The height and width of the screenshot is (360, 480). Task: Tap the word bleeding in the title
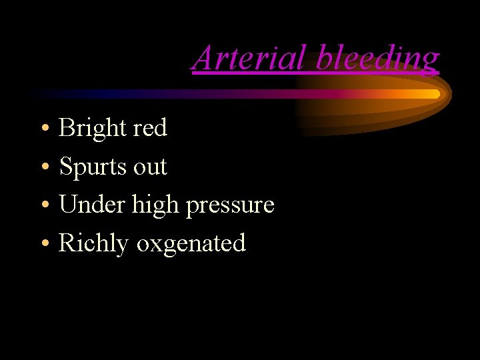click(377, 58)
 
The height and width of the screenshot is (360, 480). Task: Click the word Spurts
click(93, 166)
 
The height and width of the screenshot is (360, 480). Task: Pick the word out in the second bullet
click(150, 166)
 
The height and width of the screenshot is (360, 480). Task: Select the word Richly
click(93, 243)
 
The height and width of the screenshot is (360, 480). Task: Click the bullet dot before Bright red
click(43, 128)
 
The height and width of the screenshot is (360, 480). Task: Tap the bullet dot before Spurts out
click(43, 167)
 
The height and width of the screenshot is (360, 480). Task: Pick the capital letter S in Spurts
click(66, 166)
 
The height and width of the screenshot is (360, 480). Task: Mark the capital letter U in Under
click(68, 204)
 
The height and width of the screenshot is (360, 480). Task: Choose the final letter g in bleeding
click(431, 61)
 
